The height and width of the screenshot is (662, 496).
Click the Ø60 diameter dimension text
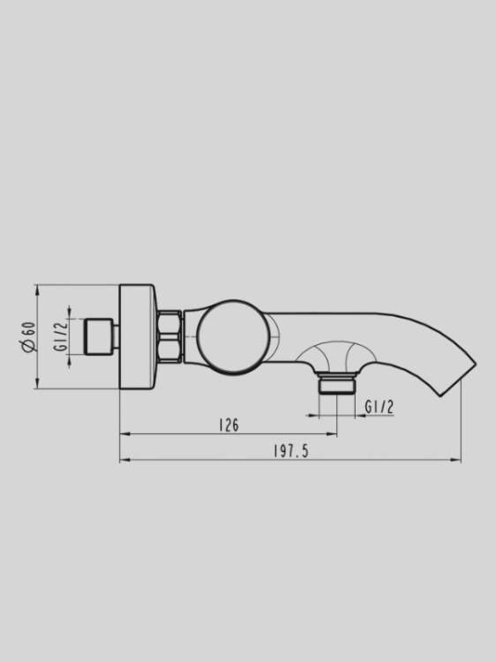[29, 336]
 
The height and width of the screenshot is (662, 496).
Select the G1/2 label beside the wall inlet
[61, 336]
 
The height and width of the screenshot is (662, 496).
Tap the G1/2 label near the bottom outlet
[379, 407]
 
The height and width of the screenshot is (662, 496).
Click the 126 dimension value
[228, 425]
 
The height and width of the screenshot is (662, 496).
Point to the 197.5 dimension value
[290, 452]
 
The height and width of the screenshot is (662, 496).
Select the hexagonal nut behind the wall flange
[169, 336]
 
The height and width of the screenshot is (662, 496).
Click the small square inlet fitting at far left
[100, 336]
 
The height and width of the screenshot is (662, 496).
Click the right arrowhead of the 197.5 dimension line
[458, 460]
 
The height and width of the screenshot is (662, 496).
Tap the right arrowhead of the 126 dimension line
[334, 434]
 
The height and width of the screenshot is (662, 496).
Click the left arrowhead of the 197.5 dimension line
[123, 460]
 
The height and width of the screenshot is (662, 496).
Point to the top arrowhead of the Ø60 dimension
[36, 288]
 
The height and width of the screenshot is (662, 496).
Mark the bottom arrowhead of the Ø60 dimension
[36, 385]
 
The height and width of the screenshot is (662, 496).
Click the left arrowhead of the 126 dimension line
[123, 434]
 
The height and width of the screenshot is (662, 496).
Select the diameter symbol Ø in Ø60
[29, 347]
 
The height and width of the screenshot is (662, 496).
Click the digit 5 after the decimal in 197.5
[304, 452]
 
